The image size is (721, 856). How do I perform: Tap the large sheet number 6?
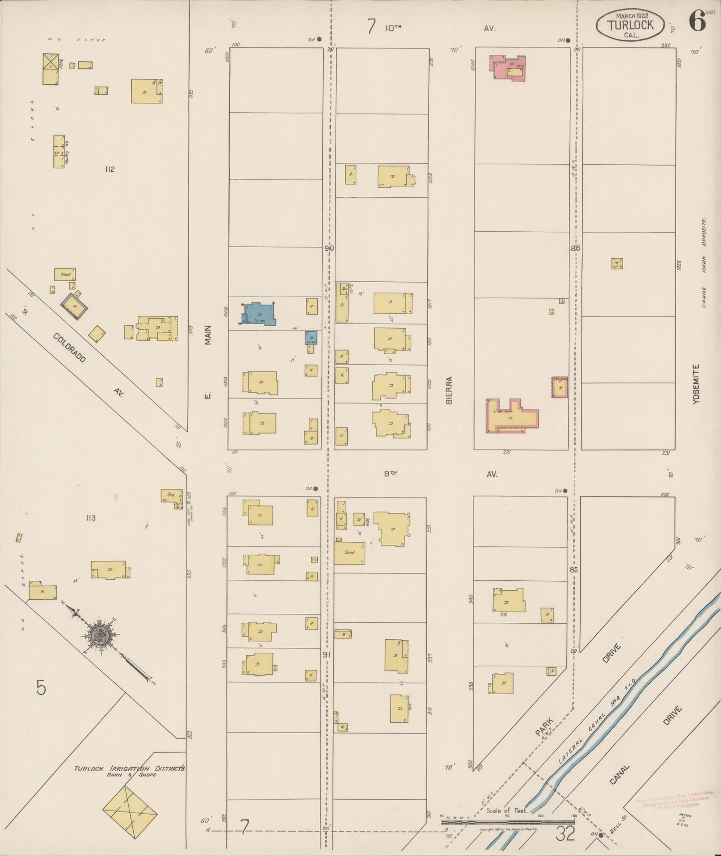point(697,21)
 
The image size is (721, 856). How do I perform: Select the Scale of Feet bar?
point(507,821)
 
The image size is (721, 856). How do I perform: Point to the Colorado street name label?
point(69,348)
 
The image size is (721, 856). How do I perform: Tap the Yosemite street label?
point(697,384)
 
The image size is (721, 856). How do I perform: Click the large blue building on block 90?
point(259,314)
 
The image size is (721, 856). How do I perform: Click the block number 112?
point(110,169)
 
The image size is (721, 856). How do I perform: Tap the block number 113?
point(90,518)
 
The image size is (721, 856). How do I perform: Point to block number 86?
point(576,248)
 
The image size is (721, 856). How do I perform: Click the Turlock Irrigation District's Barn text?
point(129,769)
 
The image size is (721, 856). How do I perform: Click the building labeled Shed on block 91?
point(349,553)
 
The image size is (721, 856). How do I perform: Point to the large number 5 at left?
point(41,688)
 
